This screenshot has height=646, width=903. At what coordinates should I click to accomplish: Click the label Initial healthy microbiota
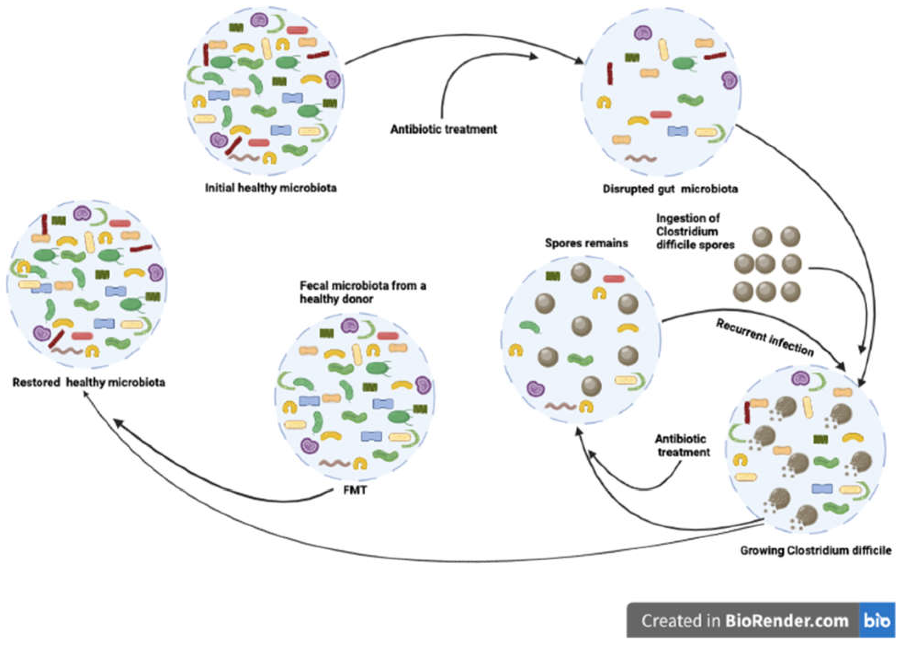click(271, 188)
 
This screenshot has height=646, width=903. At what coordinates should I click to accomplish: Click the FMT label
click(355, 490)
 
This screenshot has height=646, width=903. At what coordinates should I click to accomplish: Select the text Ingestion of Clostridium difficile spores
click(695, 231)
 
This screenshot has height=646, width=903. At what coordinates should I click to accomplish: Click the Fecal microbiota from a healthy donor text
click(363, 292)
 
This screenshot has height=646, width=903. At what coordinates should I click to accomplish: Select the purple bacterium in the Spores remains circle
click(536, 389)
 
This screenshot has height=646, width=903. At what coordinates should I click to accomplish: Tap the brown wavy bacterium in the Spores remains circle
click(559, 407)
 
